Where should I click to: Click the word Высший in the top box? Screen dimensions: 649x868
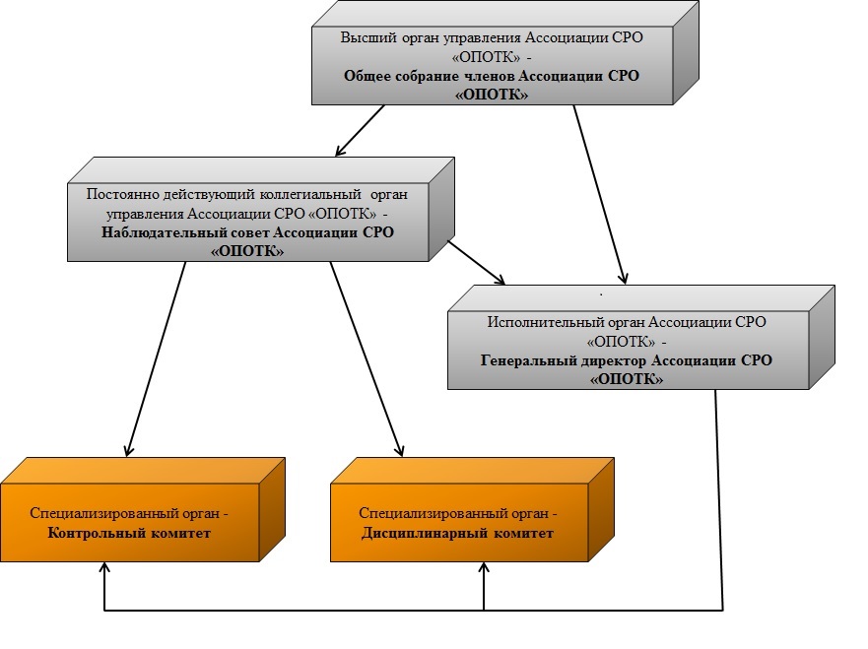tap(363, 37)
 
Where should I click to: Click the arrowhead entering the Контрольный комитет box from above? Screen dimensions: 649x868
tap(128, 450)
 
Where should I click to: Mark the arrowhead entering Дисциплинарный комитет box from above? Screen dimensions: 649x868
tap(399, 450)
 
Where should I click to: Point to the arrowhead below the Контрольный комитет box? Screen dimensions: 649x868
tap(103, 570)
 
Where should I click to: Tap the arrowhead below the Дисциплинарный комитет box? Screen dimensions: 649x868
tap(483, 570)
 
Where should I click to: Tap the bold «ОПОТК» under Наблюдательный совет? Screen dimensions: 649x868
tap(248, 251)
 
